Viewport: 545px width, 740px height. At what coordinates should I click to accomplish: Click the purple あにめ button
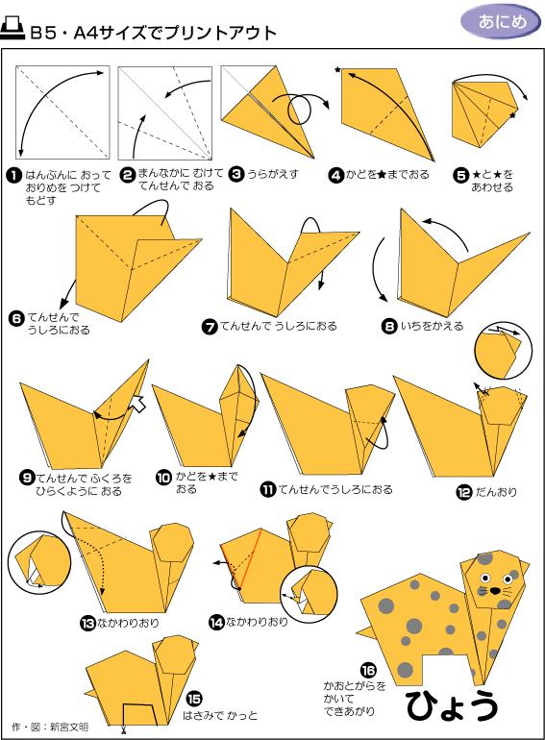(501, 22)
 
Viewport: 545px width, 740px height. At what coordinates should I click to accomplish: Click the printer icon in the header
(12, 29)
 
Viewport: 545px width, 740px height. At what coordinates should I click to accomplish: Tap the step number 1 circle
(14, 176)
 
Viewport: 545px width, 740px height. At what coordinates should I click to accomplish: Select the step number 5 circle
(460, 175)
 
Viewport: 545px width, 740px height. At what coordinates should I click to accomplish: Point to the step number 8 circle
(389, 326)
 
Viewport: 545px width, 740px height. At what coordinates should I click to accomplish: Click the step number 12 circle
(464, 492)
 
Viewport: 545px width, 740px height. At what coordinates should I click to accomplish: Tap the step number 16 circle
(368, 670)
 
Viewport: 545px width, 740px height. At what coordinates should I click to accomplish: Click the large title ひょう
(451, 705)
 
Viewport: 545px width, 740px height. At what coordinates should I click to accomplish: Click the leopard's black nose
(494, 590)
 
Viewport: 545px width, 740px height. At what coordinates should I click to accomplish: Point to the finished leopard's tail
(364, 631)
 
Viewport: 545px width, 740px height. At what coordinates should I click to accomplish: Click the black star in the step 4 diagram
(337, 70)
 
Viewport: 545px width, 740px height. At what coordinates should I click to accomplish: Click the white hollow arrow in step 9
(137, 403)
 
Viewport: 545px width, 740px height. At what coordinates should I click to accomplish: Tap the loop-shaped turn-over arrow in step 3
(301, 107)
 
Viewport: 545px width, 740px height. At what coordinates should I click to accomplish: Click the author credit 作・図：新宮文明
(50, 727)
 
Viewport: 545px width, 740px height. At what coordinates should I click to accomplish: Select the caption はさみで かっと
(220, 715)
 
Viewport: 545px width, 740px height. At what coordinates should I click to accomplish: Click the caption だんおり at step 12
(496, 492)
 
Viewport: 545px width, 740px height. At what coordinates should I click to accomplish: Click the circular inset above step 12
(503, 350)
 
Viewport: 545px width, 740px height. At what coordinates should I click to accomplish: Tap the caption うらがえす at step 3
(273, 174)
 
